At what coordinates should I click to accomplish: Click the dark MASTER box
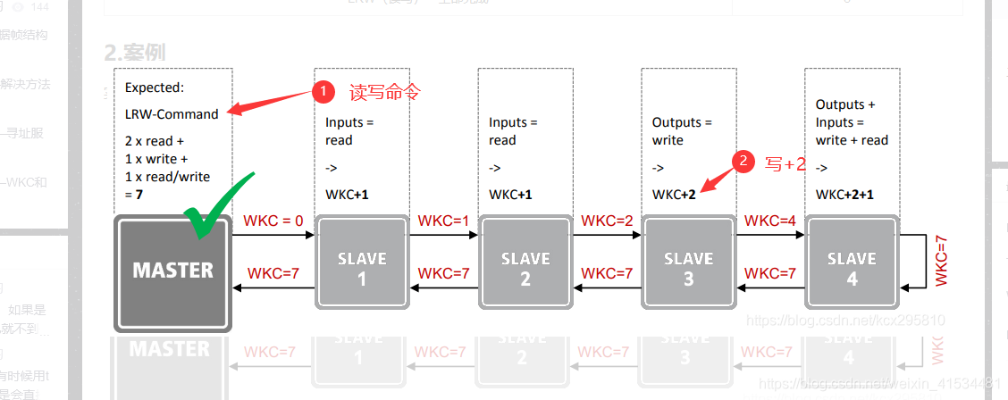(173, 271)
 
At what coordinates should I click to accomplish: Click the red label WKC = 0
(273, 221)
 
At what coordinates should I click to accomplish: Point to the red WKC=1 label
(443, 221)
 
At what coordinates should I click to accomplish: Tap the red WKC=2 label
(607, 221)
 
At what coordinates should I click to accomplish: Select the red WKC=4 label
(770, 221)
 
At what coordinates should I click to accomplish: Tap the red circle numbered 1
(323, 91)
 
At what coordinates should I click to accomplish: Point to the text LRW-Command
(172, 113)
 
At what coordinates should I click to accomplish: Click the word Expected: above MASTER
(155, 87)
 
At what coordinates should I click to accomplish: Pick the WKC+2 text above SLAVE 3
(674, 195)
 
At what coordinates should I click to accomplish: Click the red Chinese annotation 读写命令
(384, 91)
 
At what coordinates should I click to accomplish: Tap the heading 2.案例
(135, 52)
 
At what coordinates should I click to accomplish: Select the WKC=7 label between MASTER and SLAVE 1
(273, 273)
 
